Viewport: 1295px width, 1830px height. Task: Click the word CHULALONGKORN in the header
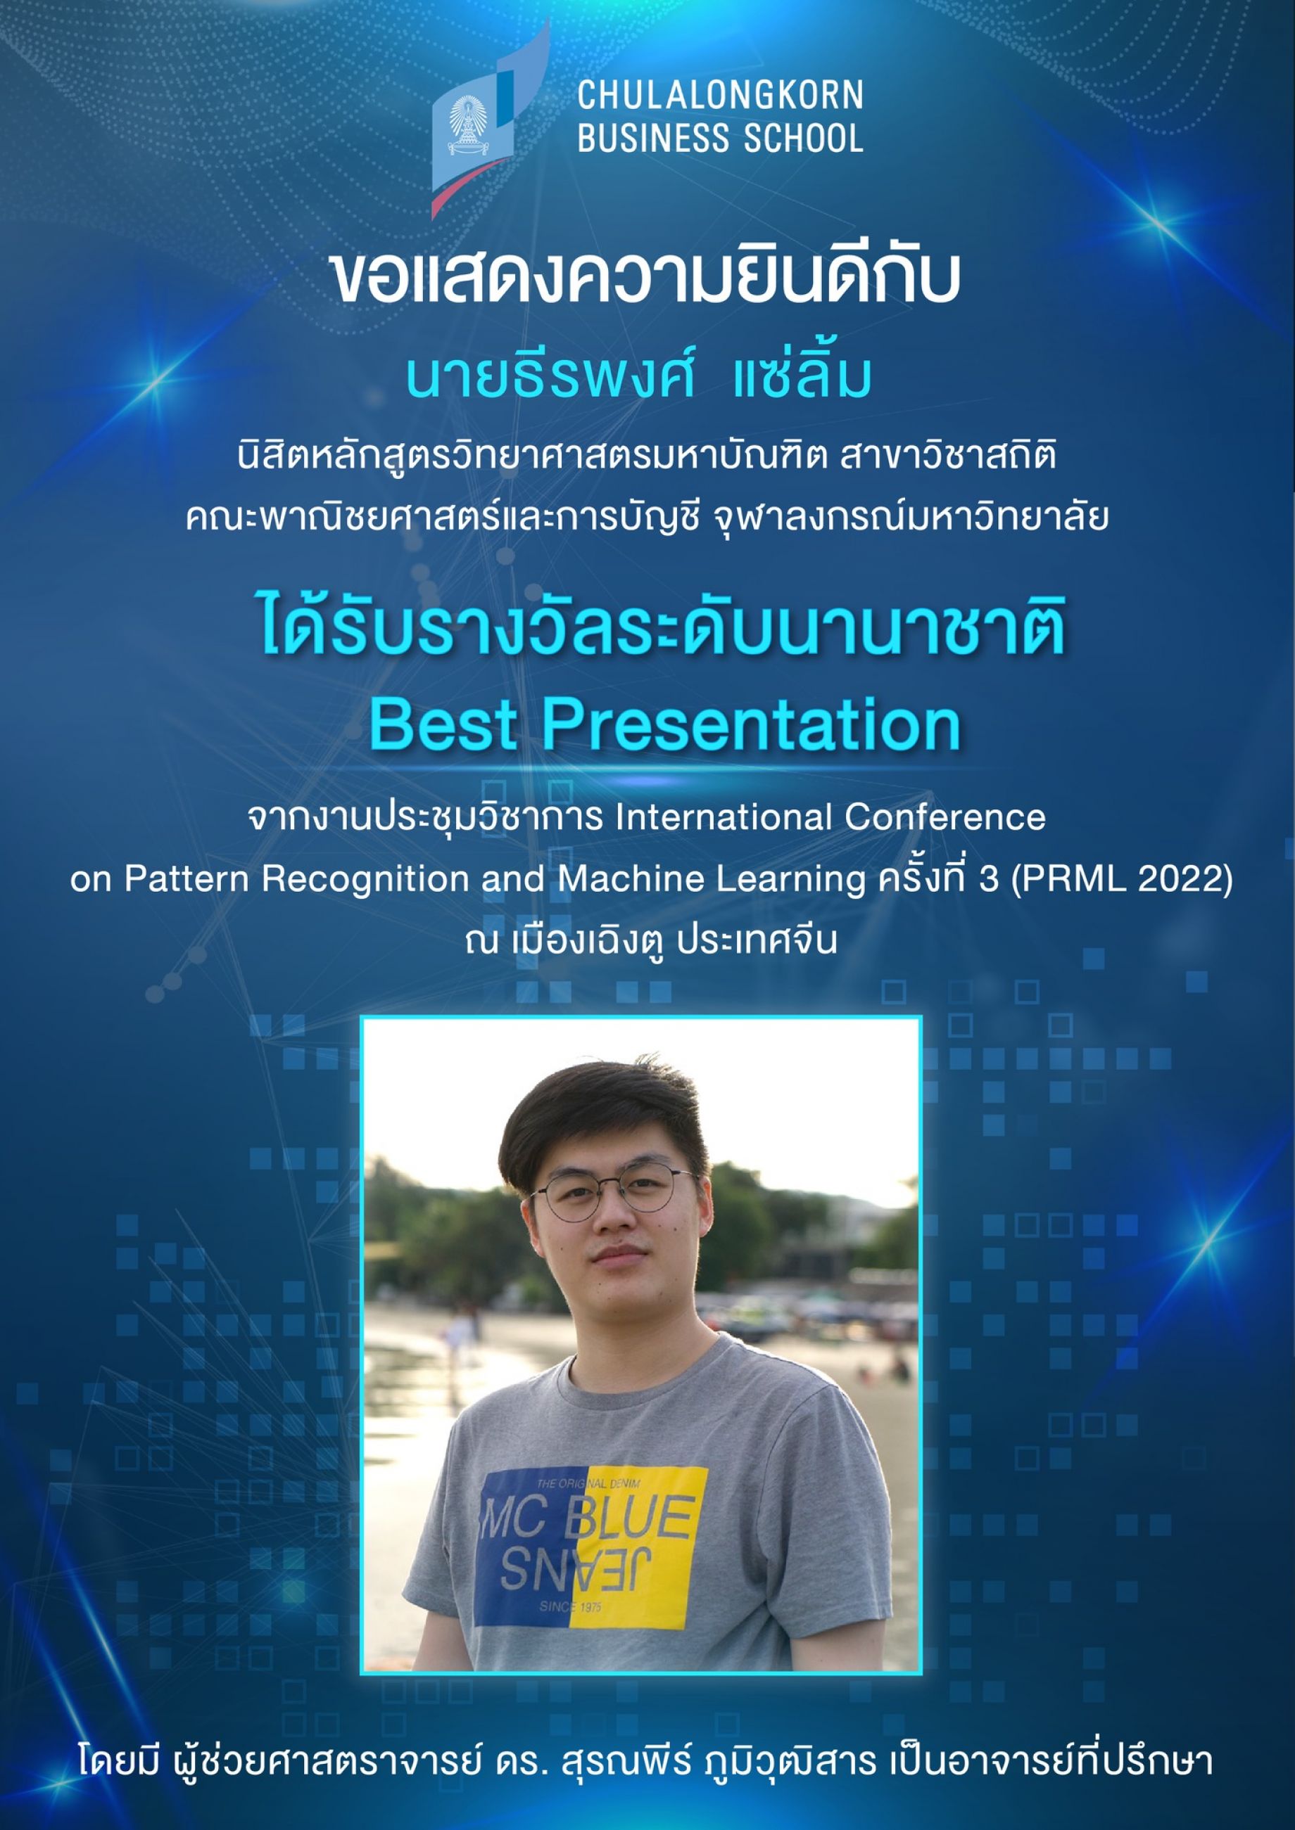720,96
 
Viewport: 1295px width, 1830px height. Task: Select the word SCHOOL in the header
804,138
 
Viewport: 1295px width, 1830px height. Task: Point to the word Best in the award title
443,724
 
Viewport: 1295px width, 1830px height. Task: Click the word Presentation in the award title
751,724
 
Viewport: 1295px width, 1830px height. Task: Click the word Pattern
187,878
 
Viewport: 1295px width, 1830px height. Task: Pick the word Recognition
365,880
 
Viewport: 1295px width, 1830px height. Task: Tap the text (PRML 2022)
1122,880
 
